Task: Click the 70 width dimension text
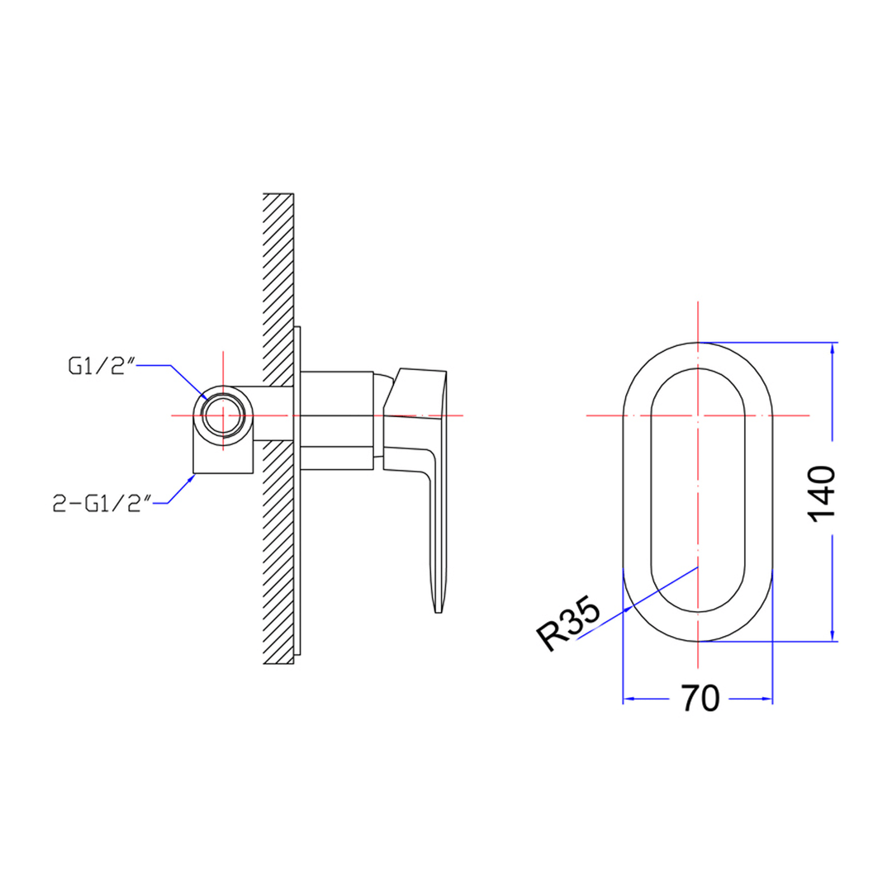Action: coord(700,699)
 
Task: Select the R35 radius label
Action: coord(568,625)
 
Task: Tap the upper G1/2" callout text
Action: coord(100,366)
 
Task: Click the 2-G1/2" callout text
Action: coord(102,503)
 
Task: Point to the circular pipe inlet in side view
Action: coord(223,414)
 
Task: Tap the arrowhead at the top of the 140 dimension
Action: coord(832,349)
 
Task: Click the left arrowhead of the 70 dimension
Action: coord(628,699)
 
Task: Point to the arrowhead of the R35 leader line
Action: coord(630,610)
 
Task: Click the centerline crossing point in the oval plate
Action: coord(698,415)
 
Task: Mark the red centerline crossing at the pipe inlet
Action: coord(223,414)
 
